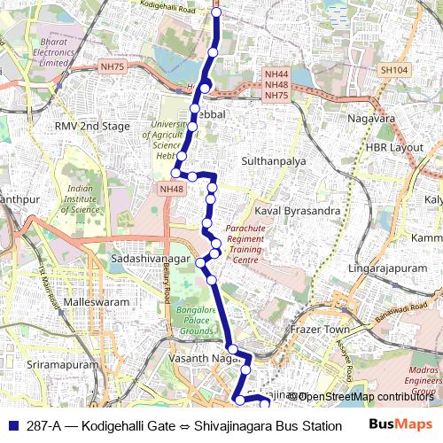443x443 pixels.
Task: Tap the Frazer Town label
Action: pyautogui.click(x=321, y=329)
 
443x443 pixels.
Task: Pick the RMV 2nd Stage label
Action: pyautogui.click(x=92, y=127)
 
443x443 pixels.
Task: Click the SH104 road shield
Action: pyautogui.click(x=392, y=69)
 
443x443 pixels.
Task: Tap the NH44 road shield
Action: pyautogui.click(x=276, y=74)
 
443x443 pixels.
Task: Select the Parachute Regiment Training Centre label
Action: pyautogui.click(x=245, y=244)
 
